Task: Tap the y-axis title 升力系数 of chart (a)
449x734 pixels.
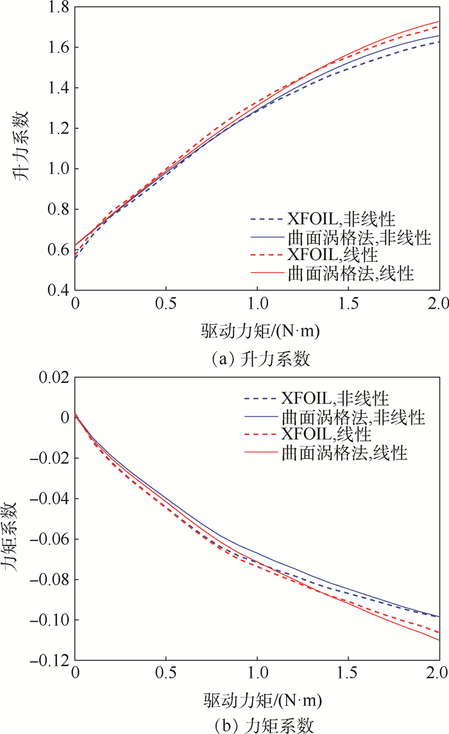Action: (22, 149)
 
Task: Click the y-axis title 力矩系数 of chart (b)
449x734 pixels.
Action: (22, 518)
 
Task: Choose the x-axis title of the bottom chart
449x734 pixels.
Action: (257, 700)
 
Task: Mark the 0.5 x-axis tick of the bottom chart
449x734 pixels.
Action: (166, 674)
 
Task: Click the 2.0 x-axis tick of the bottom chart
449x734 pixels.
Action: (439, 674)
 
